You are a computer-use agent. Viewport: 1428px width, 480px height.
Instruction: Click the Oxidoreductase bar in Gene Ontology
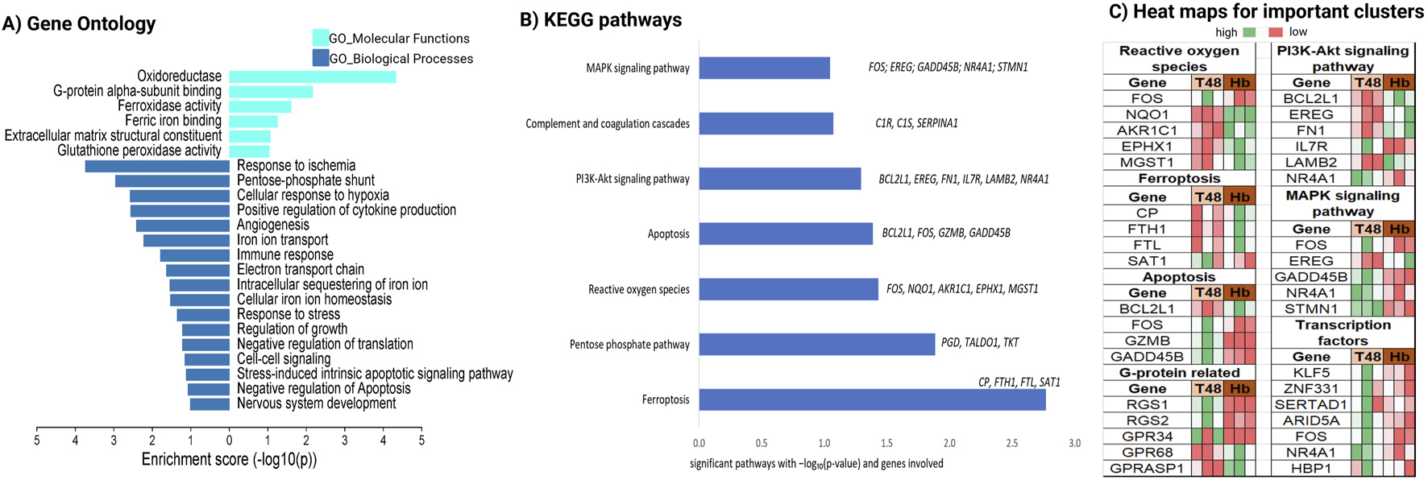(x=312, y=77)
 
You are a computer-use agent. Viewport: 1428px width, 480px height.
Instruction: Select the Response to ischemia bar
(x=157, y=166)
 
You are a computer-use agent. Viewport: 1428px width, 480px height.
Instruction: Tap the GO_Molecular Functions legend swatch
(x=320, y=38)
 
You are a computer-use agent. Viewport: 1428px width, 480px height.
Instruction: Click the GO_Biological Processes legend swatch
(x=320, y=58)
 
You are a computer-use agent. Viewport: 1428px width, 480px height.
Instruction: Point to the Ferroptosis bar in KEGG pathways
(x=872, y=399)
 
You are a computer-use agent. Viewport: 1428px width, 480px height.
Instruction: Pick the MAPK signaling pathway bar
(x=764, y=68)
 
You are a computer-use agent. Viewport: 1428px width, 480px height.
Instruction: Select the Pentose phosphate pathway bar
(x=816, y=344)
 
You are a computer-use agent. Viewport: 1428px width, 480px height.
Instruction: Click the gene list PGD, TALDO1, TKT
(x=979, y=343)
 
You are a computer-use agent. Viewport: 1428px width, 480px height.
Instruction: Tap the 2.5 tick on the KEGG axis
(x=1011, y=443)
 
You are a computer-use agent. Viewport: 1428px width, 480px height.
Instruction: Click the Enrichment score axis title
(x=229, y=460)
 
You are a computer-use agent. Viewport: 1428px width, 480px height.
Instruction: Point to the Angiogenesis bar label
(x=272, y=226)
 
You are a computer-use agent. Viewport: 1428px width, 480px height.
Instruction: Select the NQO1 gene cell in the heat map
(x=1147, y=114)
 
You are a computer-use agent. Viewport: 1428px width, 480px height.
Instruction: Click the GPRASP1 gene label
(x=1147, y=469)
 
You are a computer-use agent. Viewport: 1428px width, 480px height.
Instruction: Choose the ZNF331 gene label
(x=1310, y=389)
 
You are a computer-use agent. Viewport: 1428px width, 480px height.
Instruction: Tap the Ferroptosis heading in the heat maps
(x=1178, y=179)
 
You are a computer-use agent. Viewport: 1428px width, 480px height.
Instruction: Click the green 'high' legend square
(x=1249, y=32)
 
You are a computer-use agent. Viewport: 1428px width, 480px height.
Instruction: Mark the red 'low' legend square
(x=1276, y=32)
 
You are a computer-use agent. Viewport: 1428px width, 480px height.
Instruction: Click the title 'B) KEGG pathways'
(x=600, y=20)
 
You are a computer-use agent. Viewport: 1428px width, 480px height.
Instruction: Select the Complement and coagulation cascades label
(x=608, y=124)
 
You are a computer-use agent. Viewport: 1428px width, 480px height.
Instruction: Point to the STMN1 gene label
(x=1310, y=309)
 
